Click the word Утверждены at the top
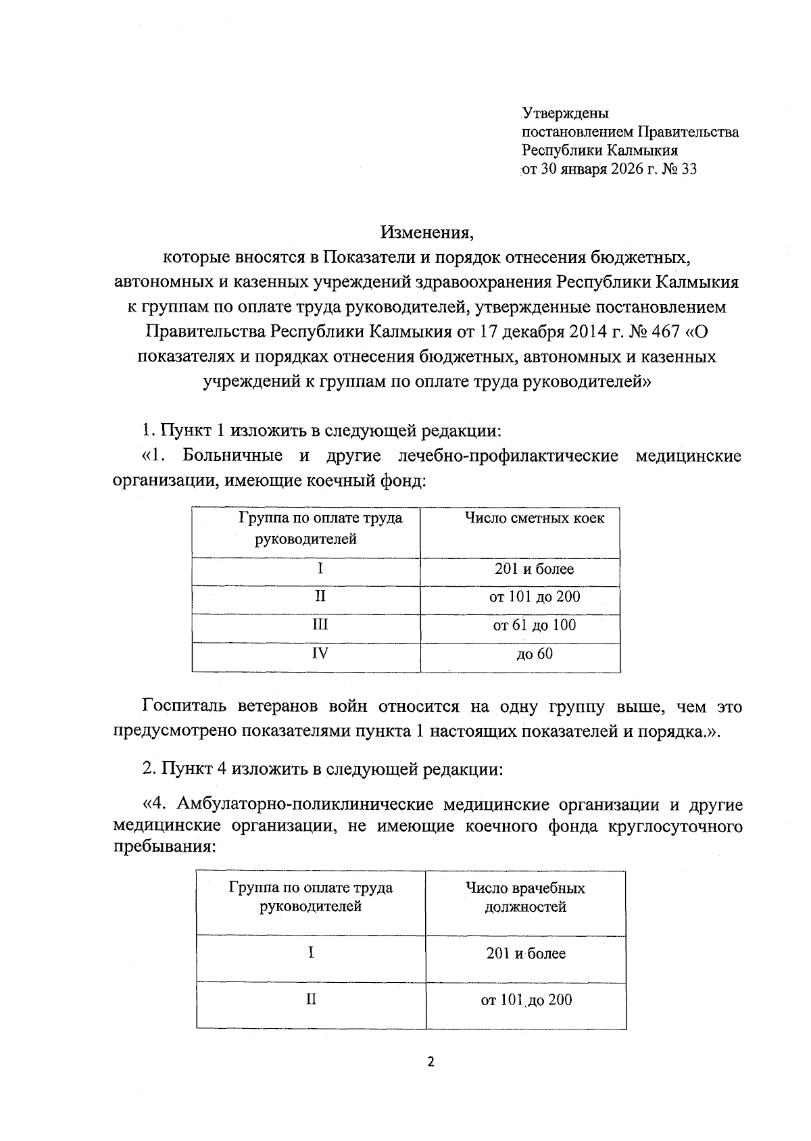point(565,113)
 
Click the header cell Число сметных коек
point(533,518)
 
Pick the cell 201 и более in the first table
point(533,569)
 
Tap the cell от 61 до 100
point(534,625)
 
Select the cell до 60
point(534,654)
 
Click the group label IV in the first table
point(320,654)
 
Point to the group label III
point(320,625)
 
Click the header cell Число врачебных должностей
point(525,898)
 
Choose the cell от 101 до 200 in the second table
point(526,1000)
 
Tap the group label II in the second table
point(311,1000)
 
